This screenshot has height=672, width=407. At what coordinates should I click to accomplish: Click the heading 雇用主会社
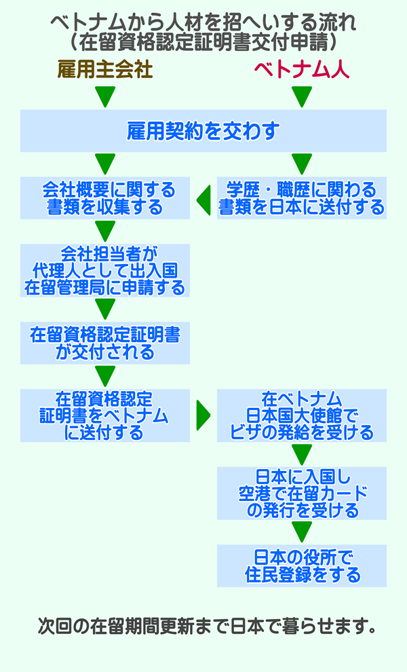pyautogui.click(x=105, y=70)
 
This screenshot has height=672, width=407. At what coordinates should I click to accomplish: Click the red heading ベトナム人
pyautogui.click(x=302, y=70)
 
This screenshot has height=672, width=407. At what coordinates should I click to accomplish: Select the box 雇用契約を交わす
pyautogui.click(x=203, y=131)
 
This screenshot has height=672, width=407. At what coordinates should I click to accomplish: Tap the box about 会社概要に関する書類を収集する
pyautogui.click(x=105, y=198)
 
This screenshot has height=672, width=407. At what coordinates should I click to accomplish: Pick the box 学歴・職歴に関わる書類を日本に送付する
pyautogui.click(x=302, y=198)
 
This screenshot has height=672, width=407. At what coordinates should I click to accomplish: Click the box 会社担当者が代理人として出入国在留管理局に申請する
pyautogui.click(x=105, y=270)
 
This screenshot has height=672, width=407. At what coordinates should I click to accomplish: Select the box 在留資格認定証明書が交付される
pyautogui.click(x=105, y=343)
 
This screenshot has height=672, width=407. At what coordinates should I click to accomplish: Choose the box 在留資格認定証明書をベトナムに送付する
pyautogui.click(x=105, y=415)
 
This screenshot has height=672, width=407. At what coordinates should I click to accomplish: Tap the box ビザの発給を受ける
pyautogui.click(x=302, y=415)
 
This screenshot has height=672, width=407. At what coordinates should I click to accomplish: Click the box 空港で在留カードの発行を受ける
pyautogui.click(x=302, y=493)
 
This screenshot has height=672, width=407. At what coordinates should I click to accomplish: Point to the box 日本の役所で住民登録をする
pyautogui.click(x=302, y=566)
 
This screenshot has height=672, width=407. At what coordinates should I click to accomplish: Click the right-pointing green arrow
pyautogui.click(x=203, y=415)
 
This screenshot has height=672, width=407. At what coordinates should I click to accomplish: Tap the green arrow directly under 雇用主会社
pyautogui.click(x=105, y=97)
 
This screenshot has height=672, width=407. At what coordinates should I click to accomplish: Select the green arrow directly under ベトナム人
pyautogui.click(x=302, y=97)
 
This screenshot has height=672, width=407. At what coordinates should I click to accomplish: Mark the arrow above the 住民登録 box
pyautogui.click(x=302, y=531)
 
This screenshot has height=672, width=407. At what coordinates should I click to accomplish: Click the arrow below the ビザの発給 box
pyautogui.click(x=302, y=454)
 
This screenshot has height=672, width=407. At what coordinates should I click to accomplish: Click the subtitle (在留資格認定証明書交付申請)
pyautogui.click(x=203, y=42)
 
